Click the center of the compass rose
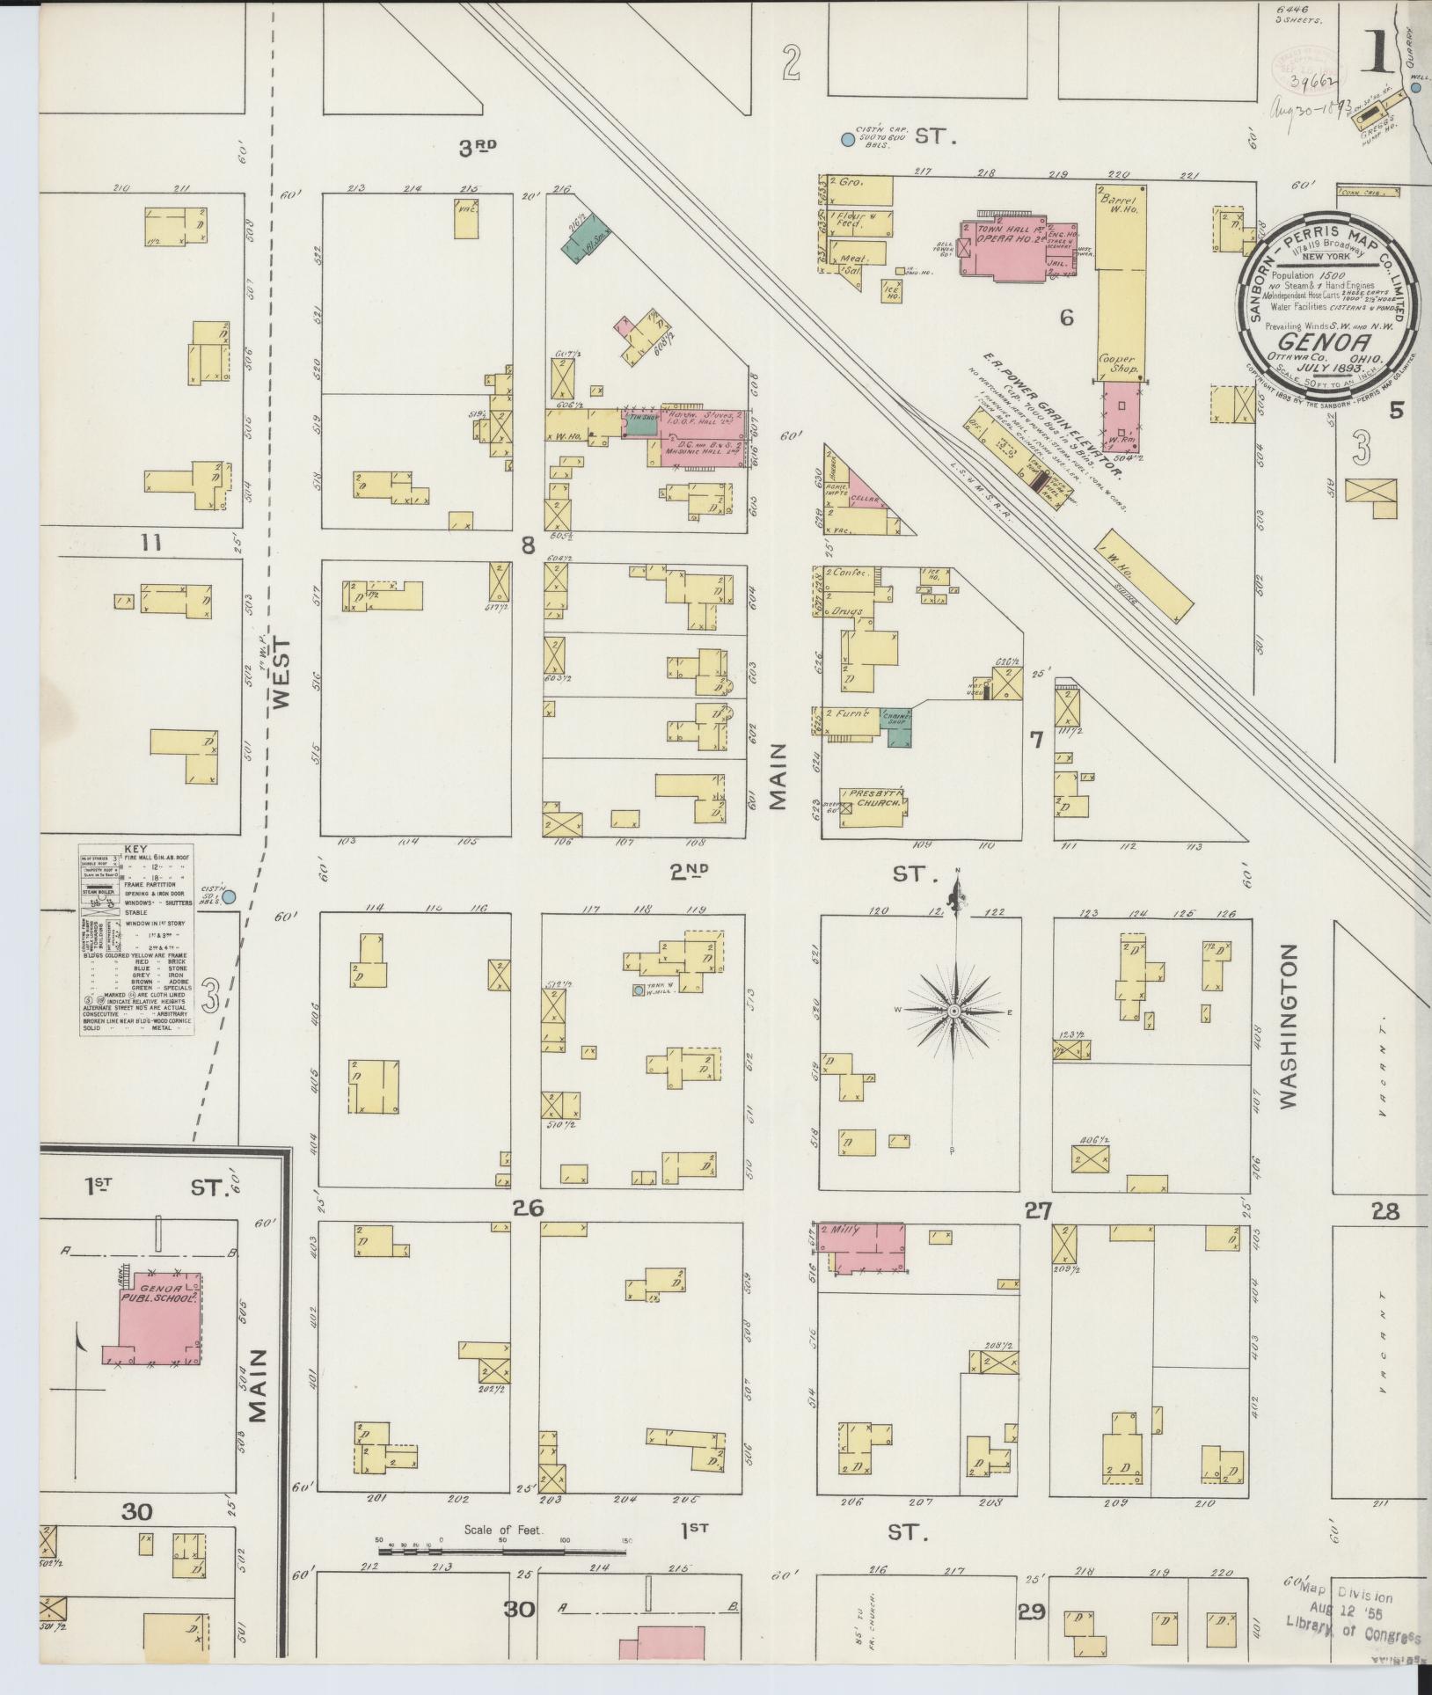click(953, 1012)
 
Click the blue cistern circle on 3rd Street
click(847, 139)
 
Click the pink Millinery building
click(862, 1247)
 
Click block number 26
click(530, 1209)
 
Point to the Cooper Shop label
click(1117, 364)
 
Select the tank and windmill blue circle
click(639, 990)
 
